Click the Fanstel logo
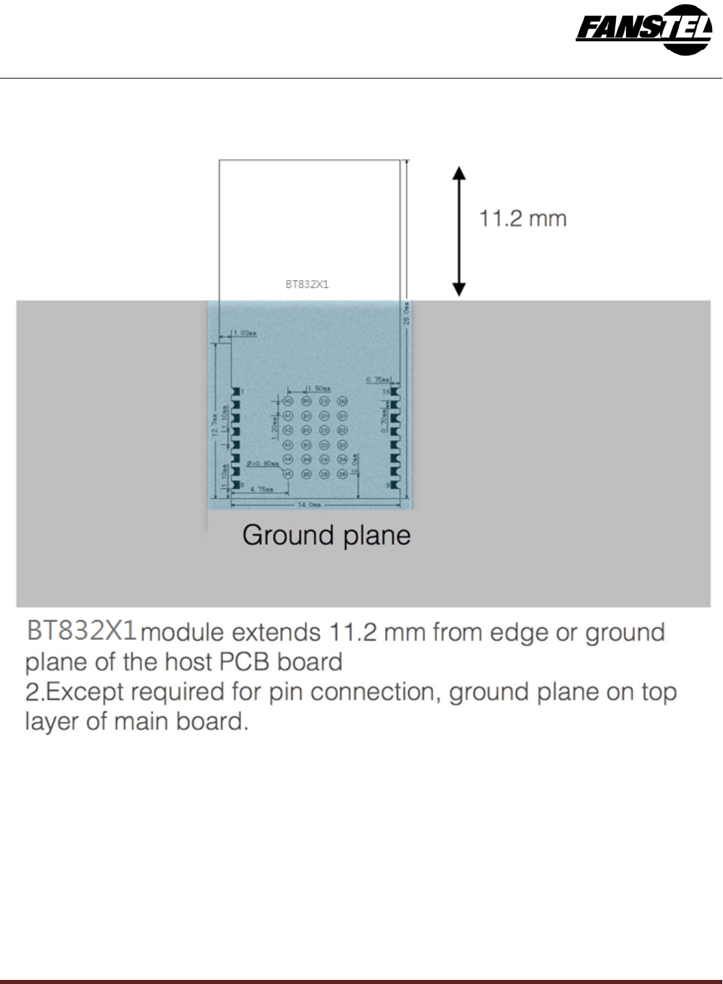pyautogui.click(x=644, y=29)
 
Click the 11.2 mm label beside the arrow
pyautogui.click(x=523, y=219)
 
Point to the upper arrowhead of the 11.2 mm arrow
pyautogui.click(x=459, y=173)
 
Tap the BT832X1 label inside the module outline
pyautogui.click(x=307, y=284)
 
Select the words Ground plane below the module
pyautogui.click(x=326, y=535)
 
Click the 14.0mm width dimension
pyautogui.click(x=309, y=505)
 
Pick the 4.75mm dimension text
pyautogui.click(x=261, y=490)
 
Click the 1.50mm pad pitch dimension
pyautogui.click(x=319, y=389)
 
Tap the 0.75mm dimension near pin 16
pyautogui.click(x=378, y=380)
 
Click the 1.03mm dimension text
pyautogui.click(x=244, y=333)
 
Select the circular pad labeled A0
pyautogui.click(x=288, y=402)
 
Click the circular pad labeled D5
pyautogui.click(x=343, y=474)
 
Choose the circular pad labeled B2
pyautogui.click(x=307, y=430)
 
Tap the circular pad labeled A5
pyautogui.click(x=288, y=474)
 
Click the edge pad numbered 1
pyautogui.click(x=236, y=392)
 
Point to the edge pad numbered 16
pyautogui.click(x=395, y=392)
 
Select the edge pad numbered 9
pyautogui.click(x=395, y=485)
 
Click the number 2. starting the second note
pyautogui.click(x=35, y=692)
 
